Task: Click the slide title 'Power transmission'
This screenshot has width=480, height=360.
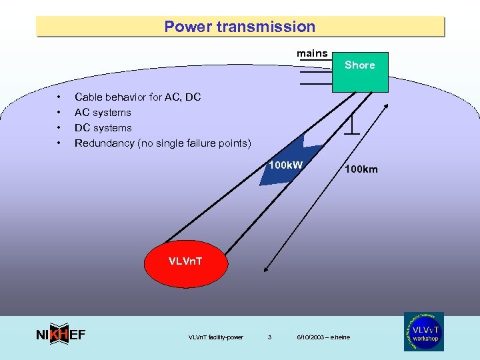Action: pos(239,27)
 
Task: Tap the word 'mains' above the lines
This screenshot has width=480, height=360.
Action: pos(312,53)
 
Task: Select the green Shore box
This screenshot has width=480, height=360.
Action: pos(360,71)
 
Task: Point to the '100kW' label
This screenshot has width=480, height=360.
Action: pos(285,165)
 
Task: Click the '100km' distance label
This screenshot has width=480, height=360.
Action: pos(361,169)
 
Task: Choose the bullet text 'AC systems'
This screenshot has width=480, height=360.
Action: pos(103,113)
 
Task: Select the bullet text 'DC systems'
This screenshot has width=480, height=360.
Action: pos(103,128)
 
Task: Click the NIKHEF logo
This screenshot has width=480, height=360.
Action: pos(60,335)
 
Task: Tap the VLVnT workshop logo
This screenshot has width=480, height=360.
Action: pos(423,331)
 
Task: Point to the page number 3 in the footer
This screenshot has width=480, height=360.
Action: pos(269,337)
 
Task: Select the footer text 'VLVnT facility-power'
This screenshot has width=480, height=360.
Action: pos(216,337)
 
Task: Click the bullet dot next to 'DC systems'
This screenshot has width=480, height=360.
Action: pos(60,128)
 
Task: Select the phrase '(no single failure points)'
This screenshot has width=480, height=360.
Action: pos(195,143)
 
